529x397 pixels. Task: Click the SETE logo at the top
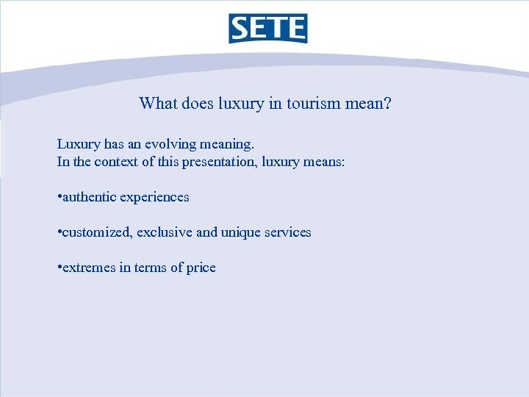[x=267, y=29]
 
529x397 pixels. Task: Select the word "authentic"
[x=87, y=197]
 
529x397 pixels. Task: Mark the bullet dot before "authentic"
[x=58, y=197]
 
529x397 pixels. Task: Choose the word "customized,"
[x=93, y=232]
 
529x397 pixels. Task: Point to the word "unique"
[x=240, y=232]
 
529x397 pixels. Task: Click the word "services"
[x=287, y=232]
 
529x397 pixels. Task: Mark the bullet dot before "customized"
[x=58, y=232]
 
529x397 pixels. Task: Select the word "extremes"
[x=87, y=268]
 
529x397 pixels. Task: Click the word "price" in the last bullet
[x=201, y=268]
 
